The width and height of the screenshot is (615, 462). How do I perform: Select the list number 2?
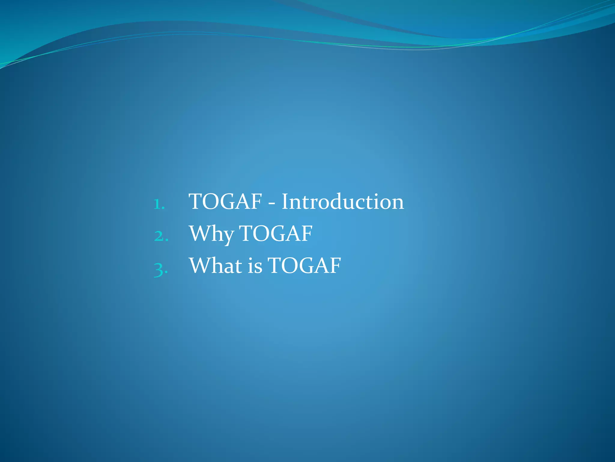(x=161, y=236)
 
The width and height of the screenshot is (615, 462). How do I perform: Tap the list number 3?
(x=160, y=268)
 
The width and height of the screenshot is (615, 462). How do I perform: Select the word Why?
(x=212, y=234)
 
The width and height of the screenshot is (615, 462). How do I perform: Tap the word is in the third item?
(x=255, y=266)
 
